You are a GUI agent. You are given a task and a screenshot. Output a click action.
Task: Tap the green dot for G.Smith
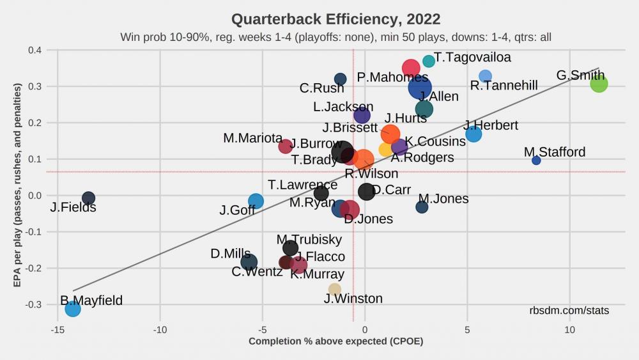(599, 83)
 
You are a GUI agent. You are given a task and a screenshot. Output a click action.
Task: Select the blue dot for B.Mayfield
(73, 309)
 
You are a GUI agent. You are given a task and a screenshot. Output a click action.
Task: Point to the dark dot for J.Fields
(88, 198)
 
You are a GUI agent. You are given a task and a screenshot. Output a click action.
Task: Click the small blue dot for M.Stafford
(536, 160)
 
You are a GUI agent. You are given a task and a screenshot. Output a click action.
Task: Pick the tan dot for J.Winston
(335, 289)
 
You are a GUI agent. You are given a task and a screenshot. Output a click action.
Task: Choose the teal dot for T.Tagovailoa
(429, 61)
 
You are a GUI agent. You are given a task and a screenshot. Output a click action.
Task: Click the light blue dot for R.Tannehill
(485, 76)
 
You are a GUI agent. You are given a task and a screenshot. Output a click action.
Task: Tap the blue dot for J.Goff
(256, 201)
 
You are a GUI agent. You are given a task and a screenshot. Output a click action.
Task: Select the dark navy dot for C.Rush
(340, 79)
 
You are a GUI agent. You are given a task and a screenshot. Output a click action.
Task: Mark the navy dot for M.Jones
(422, 207)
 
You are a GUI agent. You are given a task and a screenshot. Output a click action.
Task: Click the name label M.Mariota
(253, 138)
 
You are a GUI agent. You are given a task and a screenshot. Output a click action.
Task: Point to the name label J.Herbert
(491, 125)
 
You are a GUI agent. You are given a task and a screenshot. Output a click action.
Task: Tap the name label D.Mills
(230, 254)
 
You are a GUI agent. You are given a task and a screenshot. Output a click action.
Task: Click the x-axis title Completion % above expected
(335, 341)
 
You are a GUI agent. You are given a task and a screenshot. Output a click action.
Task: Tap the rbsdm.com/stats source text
(569, 311)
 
